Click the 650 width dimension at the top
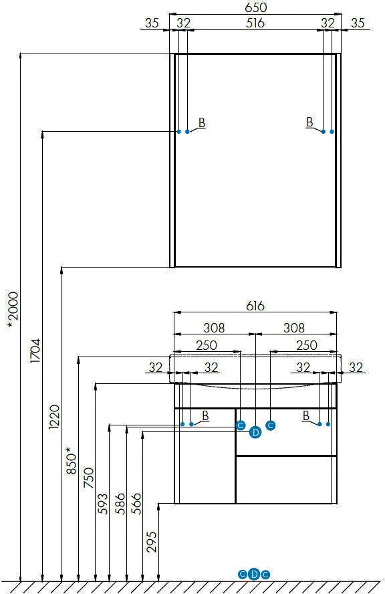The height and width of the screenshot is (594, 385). (x=255, y=7)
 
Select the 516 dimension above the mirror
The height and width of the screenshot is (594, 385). (x=255, y=23)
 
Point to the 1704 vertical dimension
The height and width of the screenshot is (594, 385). (x=35, y=351)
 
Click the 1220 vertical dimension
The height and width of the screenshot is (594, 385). (x=55, y=417)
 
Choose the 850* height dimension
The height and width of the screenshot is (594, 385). (x=71, y=460)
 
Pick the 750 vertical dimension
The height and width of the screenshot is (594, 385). (x=88, y=478)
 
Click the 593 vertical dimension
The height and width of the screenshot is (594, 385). (x=102, y=504)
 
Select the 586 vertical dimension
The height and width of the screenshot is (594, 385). (x=120, y=504)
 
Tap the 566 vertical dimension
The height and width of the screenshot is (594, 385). (x=136, y=504)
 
